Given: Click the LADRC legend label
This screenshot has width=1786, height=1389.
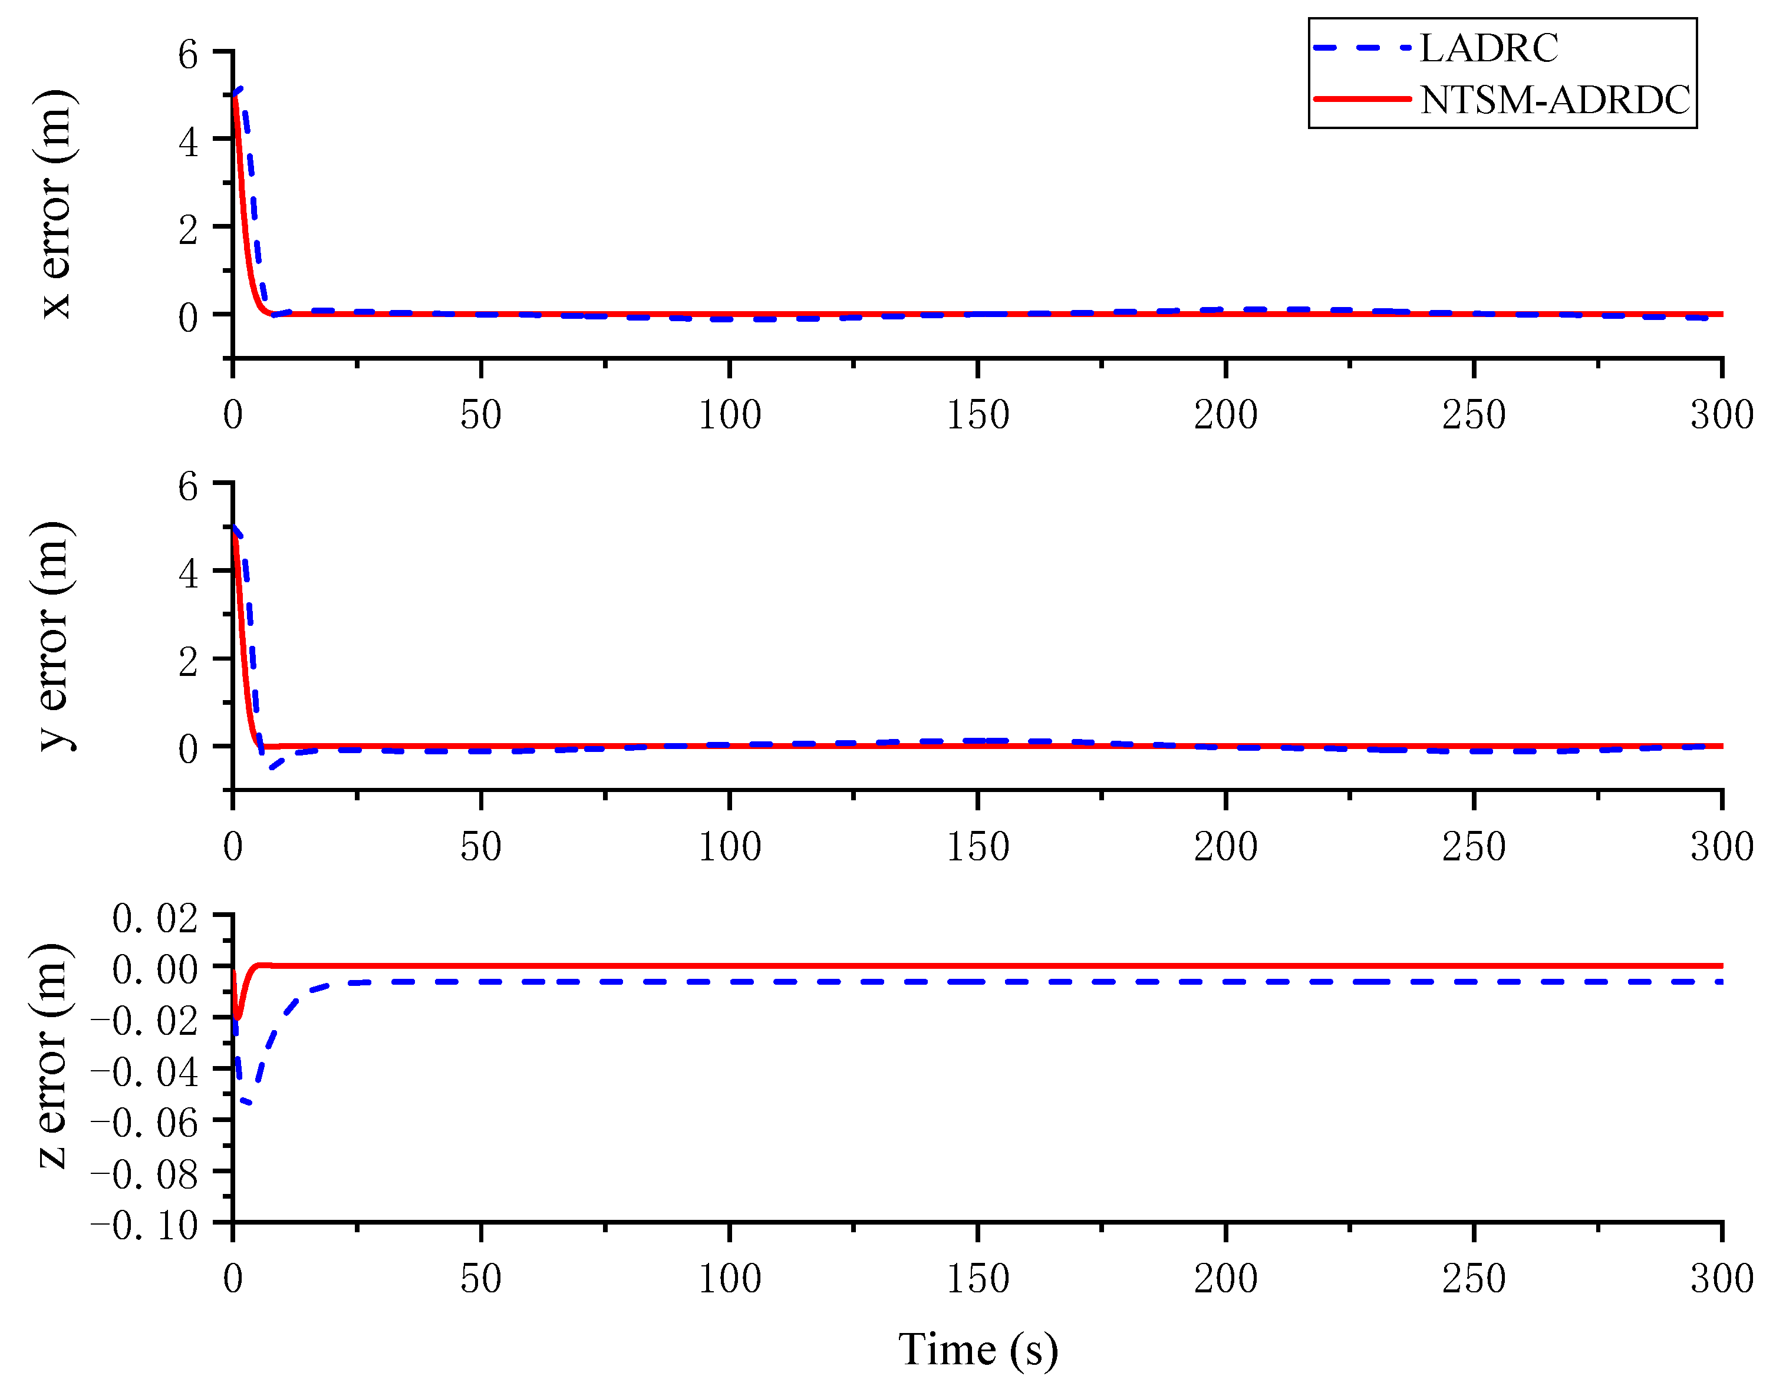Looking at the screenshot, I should pyautogui.click(x=1488, y=48).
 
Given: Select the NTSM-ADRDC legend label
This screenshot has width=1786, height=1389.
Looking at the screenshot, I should pyautogui.click(x=1554, y=100).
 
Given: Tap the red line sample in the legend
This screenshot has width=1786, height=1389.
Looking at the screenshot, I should pyautogui.click(x=1362, y=99).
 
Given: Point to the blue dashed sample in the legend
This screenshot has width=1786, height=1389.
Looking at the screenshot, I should pyautogui.click(x=1362, y=48).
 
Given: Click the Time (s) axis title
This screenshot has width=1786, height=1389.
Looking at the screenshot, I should pyautogui.click(x=977, y=1350).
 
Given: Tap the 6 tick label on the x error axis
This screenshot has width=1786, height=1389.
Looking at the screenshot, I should pyautogui.click(x=188, y=55).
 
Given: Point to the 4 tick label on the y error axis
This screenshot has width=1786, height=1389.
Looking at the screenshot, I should pyautogui.click(x=188, y=574).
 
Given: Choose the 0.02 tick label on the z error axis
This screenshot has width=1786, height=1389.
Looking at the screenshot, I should pyautogui.click(x=156, y=918).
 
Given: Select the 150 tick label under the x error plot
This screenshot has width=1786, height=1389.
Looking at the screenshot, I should pyautogui.click(x=977, y=414).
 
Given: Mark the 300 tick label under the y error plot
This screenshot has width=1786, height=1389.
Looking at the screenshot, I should pyautogui.click(x=1721, y=846).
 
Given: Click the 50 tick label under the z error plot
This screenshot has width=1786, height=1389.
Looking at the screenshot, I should pyautogui.click(x=481, y=1278).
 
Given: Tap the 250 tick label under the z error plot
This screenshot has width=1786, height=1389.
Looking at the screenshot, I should pyautogui.click(x=1474, y=1278).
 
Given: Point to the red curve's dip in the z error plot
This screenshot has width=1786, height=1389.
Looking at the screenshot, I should pyautogui.click(x=237, y=1016).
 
